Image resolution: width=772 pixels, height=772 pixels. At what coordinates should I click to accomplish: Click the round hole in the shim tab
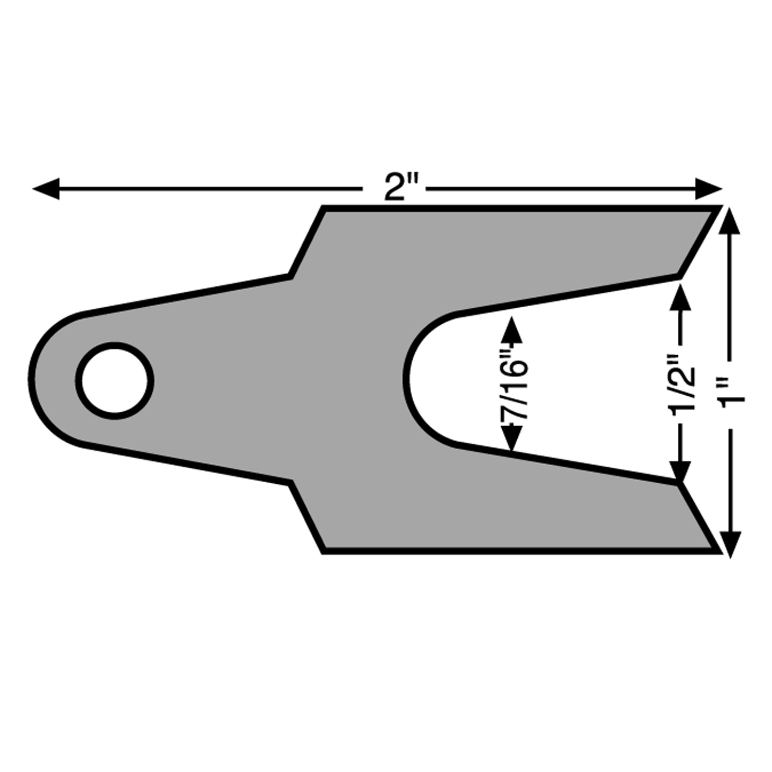click(115, 380)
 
